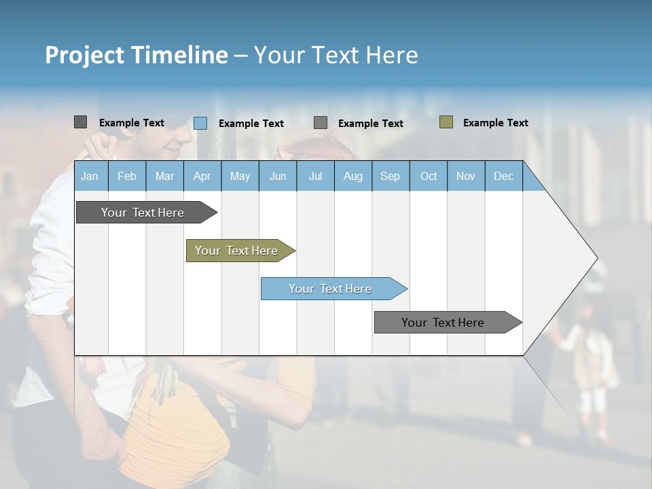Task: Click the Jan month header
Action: point(90,176)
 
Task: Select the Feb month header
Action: point(127,176)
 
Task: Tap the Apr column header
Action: point(202,176)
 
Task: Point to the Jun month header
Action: point(278,176)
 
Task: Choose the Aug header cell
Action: point(353,176)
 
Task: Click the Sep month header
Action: point(391,176)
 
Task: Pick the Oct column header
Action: point(429,176)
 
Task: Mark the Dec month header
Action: point(504,176)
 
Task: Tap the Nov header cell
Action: point(466,176)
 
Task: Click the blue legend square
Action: point(200,123)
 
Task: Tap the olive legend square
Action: point(446,122)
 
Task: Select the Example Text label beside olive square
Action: point(495,123)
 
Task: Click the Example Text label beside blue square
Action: point(251,124)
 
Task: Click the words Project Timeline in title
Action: point(137,55)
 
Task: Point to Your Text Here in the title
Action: point(336,55)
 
